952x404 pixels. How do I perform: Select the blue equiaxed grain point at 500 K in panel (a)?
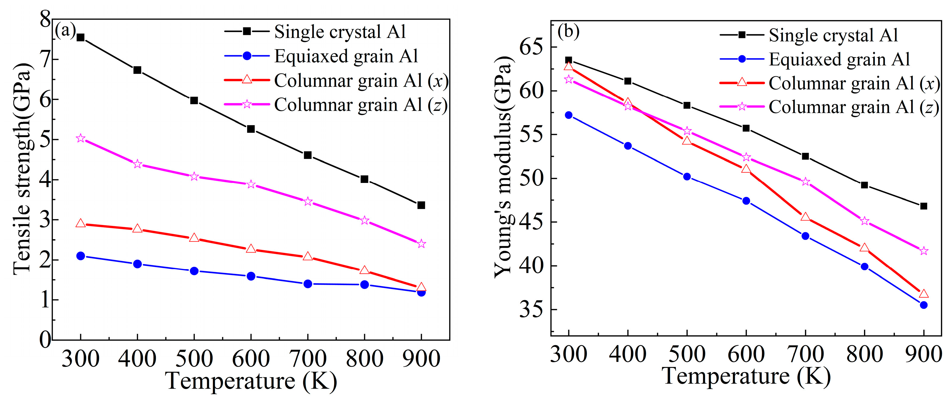click(194, 271)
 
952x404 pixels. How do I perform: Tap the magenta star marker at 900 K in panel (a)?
click(421, 244)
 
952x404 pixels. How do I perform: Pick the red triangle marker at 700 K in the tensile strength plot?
click(308, 257)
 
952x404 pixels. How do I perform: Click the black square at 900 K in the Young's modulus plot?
click(923, 206)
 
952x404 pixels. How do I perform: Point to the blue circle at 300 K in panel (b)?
click(569, 115)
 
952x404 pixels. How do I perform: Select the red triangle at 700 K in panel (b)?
click(805, 217)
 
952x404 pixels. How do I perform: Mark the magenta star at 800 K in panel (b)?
click(864, 221)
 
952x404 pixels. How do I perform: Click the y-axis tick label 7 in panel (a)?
click(45, 59)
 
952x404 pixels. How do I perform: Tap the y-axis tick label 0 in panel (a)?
click(45, 339)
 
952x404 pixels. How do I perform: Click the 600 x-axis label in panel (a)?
click(251, 359)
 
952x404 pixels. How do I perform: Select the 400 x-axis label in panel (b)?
click(627, 354)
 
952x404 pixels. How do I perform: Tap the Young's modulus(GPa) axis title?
click(503, 167)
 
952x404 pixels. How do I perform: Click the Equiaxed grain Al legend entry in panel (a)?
click(346, 56)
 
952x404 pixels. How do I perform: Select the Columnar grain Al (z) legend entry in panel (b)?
click(854, 107)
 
